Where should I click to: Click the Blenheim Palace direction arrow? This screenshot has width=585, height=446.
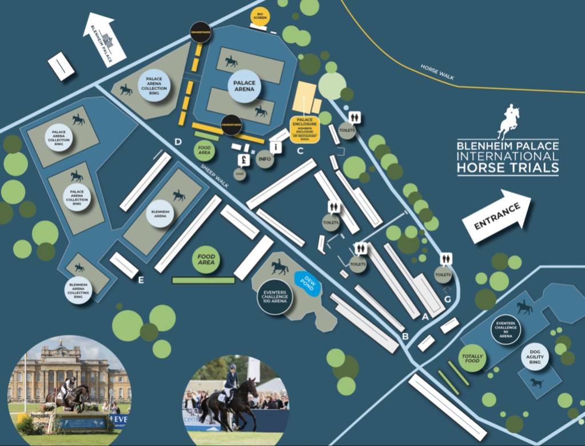(105, 41)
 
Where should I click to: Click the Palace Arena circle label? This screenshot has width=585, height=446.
(244, 86)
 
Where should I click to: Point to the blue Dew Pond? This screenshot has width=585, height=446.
(304, 280)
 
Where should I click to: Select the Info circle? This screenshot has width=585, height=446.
(264, 160)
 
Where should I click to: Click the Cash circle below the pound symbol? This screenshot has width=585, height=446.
(240, 174)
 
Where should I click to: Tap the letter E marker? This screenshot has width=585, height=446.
(141, 280)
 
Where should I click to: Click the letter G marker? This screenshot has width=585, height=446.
(447, 298)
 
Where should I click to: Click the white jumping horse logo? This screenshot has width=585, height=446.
(508, 122)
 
